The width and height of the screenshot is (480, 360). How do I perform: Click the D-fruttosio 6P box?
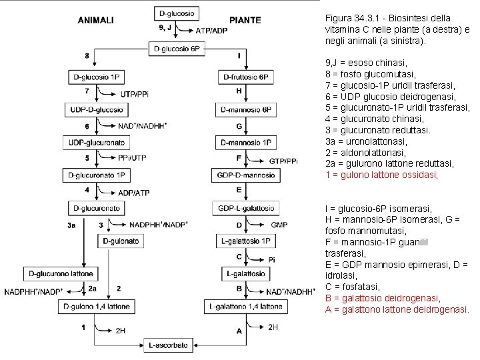pyautogui.click(x=246, y=77)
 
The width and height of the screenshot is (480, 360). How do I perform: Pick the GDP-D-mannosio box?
pyautogui.click(x=246, y=175)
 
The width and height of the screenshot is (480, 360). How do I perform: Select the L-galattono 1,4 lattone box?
pyautogui.click(x=246, y=306)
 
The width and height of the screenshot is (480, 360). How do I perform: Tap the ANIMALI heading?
pyautogui.click(x=95, y=20)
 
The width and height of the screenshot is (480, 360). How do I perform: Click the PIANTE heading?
pyautogui.click(x=245, y=20)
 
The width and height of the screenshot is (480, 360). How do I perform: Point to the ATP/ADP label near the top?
pyautogui.click(x=212, y=31)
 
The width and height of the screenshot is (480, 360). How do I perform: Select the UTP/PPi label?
pyautogui.click(x=133, y=94)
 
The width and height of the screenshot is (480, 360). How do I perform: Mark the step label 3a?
pyautogui.click(x=72, y=225)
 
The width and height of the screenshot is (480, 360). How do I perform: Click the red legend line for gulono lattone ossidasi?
pyautogui.click(x=381, y=175)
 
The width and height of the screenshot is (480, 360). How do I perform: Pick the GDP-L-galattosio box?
pyautogui.click(x=246, y=208)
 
